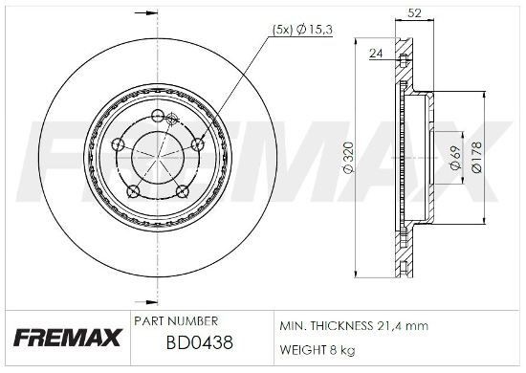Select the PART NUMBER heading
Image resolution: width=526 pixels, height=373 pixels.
[x=177, y=319]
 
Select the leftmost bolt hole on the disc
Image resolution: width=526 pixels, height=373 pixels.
[x=117, y=144]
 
